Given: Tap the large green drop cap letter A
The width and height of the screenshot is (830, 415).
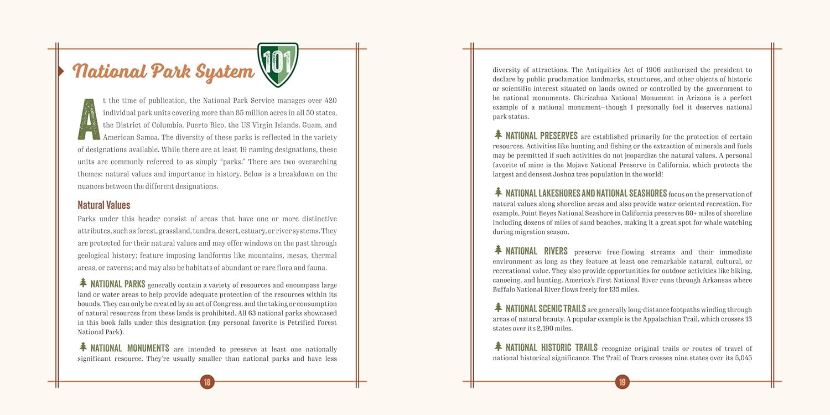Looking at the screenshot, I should point(89,118).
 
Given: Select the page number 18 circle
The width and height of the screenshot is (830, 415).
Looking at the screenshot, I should point(207,381).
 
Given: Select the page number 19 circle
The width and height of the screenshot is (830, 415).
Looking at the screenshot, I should point(622,381).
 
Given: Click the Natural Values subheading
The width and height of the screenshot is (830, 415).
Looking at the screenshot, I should point(104,205).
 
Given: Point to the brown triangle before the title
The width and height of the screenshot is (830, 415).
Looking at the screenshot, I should point(61,70).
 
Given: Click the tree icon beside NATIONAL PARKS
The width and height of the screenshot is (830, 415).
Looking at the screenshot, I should point(83,283).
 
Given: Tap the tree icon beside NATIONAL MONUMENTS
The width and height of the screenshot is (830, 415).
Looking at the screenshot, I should point(83,347).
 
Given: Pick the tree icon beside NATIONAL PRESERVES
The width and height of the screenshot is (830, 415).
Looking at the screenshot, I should point(498,134).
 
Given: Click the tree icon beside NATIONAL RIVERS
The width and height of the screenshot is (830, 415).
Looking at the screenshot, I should point(498,250).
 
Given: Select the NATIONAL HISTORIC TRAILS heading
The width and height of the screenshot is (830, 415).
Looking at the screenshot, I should point(551,347).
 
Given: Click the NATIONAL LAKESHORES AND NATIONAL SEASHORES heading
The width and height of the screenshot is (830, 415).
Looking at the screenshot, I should point(586,193).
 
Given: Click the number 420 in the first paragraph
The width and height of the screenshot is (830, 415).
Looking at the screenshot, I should point(330,101).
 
